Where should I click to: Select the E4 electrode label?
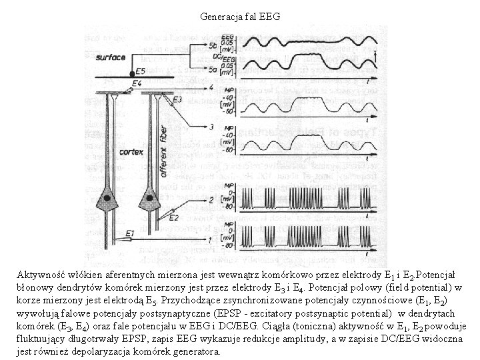pyautogui.click(x=137, y=83)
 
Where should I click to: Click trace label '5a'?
pyautogui.click(x=212, y=67)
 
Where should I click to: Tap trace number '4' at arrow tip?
pyautogui.click(x=211, y=87)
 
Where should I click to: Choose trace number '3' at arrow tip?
pyautogui.click(x=211, y=126)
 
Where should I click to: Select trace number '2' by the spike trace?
pyautogui.click(x=211, y=200)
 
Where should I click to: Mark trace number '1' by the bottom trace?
pyautogui.click(x=211, y=239)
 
